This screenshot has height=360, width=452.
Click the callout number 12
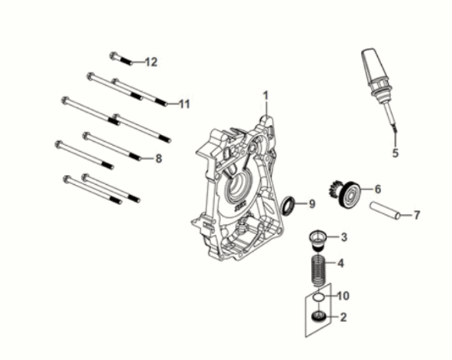151,62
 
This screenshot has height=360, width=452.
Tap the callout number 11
183,104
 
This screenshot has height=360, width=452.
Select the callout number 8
158,157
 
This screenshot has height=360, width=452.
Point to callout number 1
267,95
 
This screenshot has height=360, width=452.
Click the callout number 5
396,153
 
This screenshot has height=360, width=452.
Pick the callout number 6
378,189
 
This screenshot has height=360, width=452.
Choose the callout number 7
416,215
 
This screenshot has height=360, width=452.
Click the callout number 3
343,237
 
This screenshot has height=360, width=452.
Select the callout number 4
342,265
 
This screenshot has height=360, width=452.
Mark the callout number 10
344,296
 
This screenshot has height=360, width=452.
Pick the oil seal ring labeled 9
289,203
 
